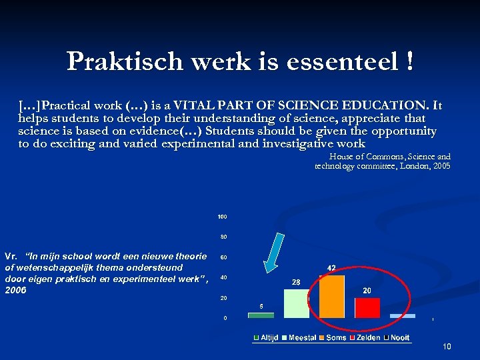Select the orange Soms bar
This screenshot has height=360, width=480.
(332, 297)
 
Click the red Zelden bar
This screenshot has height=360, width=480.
(367, 307)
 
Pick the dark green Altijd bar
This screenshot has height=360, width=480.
(261, 315)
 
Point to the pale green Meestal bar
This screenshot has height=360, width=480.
(297, 303)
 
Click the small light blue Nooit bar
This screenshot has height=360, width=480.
(403, 316)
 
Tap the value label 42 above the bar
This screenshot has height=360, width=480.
(331, 268)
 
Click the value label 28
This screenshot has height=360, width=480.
(296, 283)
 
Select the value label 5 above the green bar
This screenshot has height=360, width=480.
(261, 306)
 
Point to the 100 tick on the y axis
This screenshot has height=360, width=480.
(222, 217)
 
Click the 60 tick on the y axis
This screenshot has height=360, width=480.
(224, 257)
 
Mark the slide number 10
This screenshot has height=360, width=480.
(447, 347)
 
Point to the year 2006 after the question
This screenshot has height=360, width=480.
(15, 291)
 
